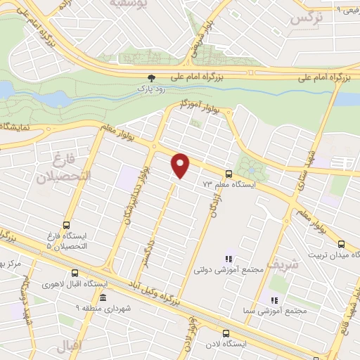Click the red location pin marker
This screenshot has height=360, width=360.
(x=181, y=165)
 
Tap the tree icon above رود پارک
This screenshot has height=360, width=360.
(x=150, y=78)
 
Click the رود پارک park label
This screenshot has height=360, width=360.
(x=150, y=89)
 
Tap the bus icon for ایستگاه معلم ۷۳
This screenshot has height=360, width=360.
(x=228, y=174)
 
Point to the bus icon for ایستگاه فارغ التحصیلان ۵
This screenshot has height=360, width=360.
(x=65, y=226)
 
